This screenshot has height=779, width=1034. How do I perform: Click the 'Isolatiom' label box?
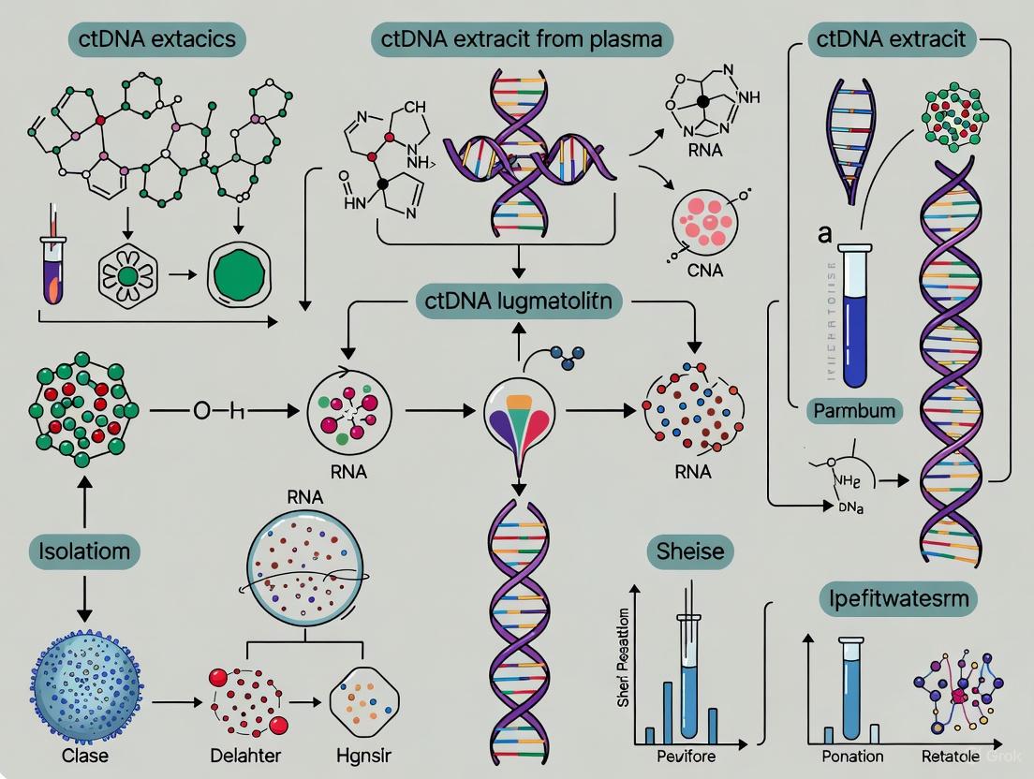(84, 551)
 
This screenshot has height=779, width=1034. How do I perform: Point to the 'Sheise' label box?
(691, 551)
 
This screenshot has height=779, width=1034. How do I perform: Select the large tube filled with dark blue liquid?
(855, 318)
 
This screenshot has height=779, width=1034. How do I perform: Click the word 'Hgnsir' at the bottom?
(365, 756)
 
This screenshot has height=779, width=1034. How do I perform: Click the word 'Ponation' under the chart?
(852, 756)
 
